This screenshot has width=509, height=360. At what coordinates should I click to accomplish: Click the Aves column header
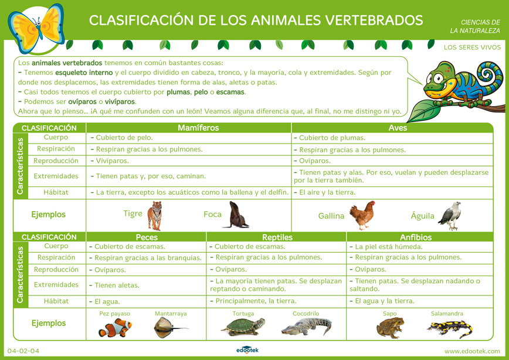pos(398,128)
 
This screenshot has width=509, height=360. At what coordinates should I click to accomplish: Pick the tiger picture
pos(155,215)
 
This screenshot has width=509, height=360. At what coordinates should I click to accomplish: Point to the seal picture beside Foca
pos(236,215)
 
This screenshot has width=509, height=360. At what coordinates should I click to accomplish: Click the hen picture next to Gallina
pos(361,216)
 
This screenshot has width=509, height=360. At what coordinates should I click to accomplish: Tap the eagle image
pos(449,216)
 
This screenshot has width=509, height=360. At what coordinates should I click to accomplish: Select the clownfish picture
pos(115,327)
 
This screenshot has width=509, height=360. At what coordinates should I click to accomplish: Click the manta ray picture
pos(170,327)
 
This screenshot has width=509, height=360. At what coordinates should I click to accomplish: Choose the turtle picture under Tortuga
pos(243,327)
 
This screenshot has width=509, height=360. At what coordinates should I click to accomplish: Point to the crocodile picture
pos(306,326)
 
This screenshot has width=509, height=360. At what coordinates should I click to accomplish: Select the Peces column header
pos(146,237)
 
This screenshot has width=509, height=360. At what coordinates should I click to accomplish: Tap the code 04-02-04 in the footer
pos(23,351)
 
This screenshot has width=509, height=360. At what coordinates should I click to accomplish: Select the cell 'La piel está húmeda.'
pos(389,247)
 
